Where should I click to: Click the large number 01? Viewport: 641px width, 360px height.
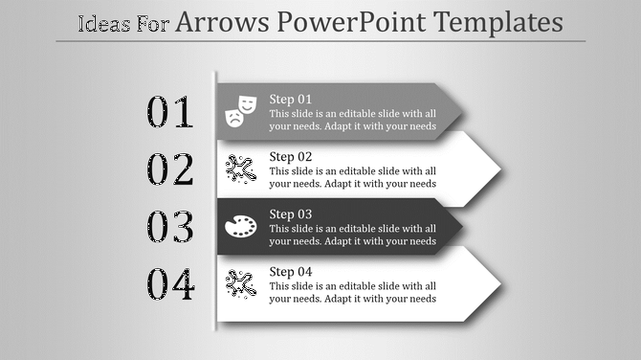(x=170, y=113)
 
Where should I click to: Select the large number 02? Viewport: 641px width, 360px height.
(x=170, y=170)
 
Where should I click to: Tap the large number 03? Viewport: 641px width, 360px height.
(x=170, y=228)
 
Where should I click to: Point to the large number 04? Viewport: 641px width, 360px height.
(x=170, y=285)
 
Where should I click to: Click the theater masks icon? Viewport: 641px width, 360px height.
(x=240, y=111)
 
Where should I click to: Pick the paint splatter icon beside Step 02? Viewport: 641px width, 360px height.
(x=240, y=169)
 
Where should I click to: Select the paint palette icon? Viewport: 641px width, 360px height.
(x=240, y=227)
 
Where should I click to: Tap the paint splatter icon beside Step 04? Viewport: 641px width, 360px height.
(x=240, y=283)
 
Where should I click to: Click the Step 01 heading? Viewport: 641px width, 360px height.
(x=291, y=99)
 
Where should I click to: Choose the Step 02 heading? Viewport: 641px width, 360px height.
(x=291, y=156)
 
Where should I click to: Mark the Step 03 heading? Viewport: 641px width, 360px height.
(x=291, y=214)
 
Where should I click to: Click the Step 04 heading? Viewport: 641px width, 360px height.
(x=291, y=271)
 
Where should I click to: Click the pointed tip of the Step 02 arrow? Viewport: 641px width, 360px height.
(x=499, y=169)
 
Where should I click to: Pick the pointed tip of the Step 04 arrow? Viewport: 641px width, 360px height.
(x=499, y=284)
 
